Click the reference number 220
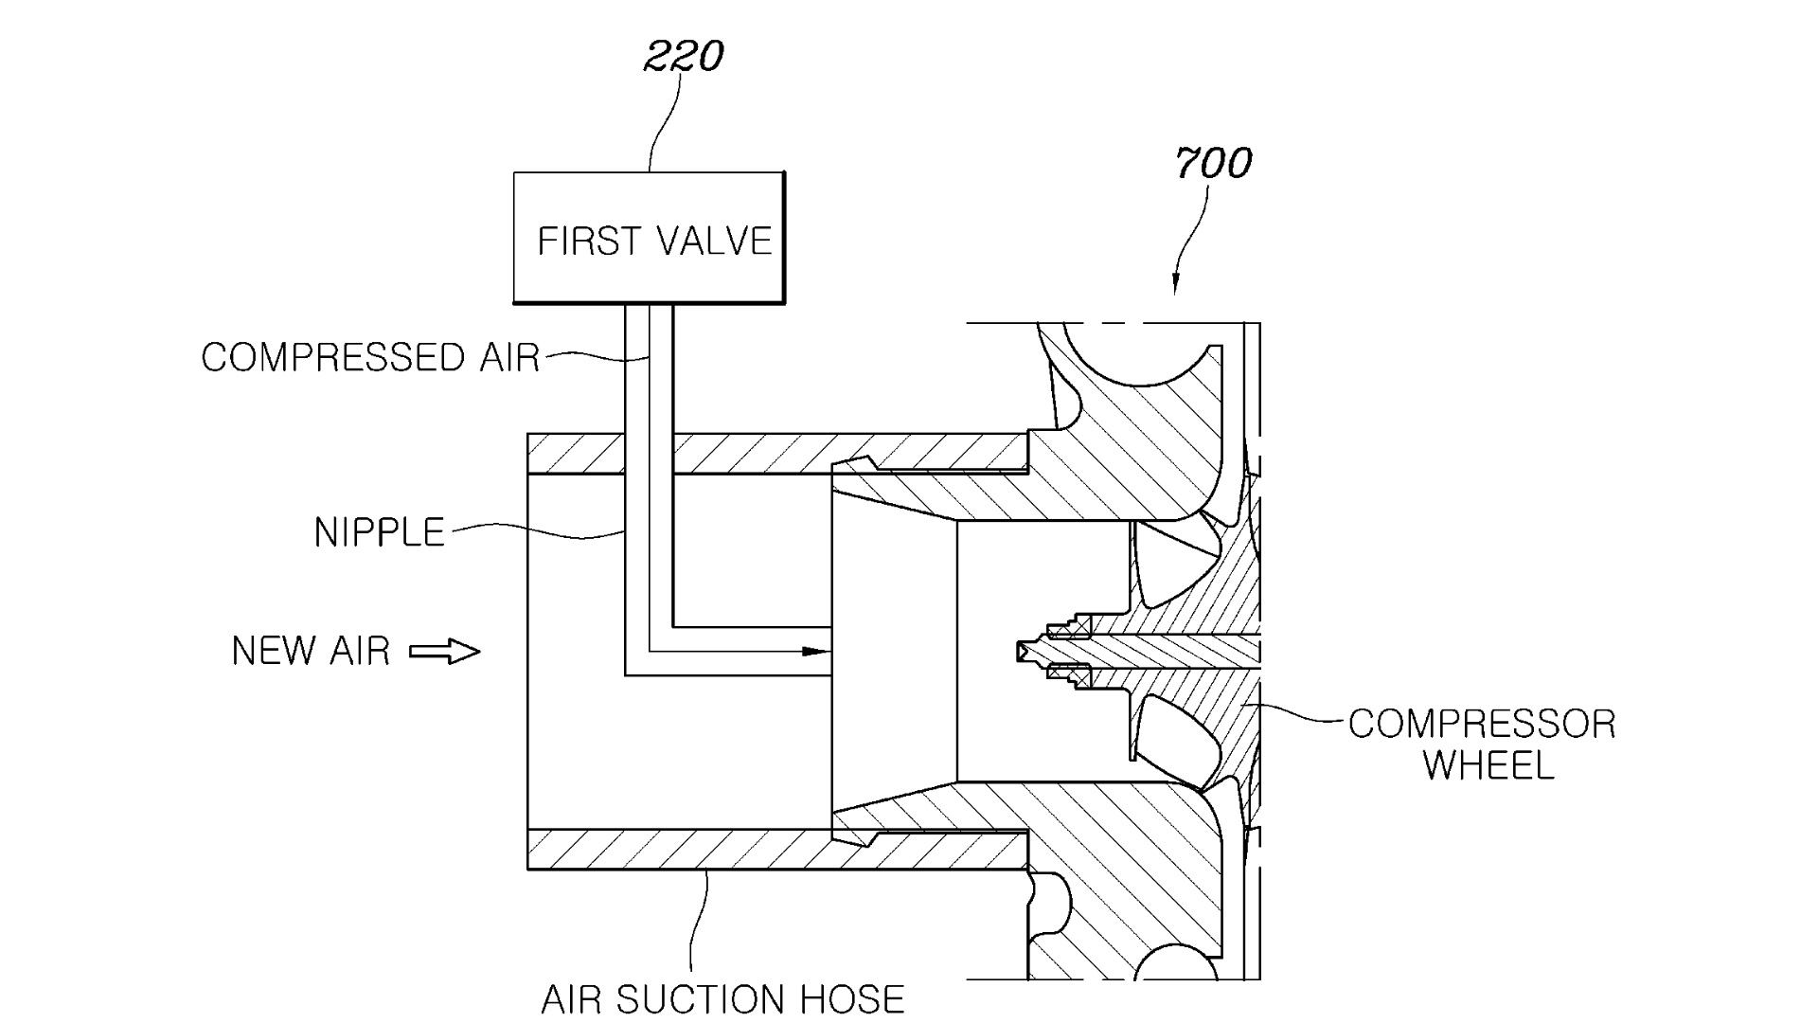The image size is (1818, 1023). click(x=683, y=57)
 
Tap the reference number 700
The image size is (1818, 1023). click(x=1213, y=163)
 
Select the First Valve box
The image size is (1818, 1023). click(x=649, y=238)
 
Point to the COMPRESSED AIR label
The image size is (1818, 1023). click(x=370, y=357)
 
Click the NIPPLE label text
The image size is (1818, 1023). click(x=379, y=532)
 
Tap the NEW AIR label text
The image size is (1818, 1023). click(x=311, y=651)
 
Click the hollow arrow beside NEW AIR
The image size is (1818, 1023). click(x=445, y=652)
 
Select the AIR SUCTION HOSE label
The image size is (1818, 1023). click(x=722, y=998)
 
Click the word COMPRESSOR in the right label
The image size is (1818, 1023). click(x=1482, y=725)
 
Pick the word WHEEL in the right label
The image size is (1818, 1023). click(x=1488, y=765)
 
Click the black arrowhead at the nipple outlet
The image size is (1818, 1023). click(x=813, y=652)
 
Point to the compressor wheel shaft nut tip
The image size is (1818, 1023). click(x=1023, y=652)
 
